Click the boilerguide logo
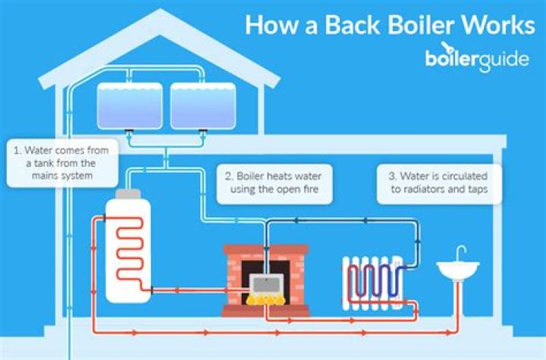pos(477,60)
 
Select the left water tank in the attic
pos(130,105)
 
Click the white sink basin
pos(457,269)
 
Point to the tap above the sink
pos(463,252)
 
